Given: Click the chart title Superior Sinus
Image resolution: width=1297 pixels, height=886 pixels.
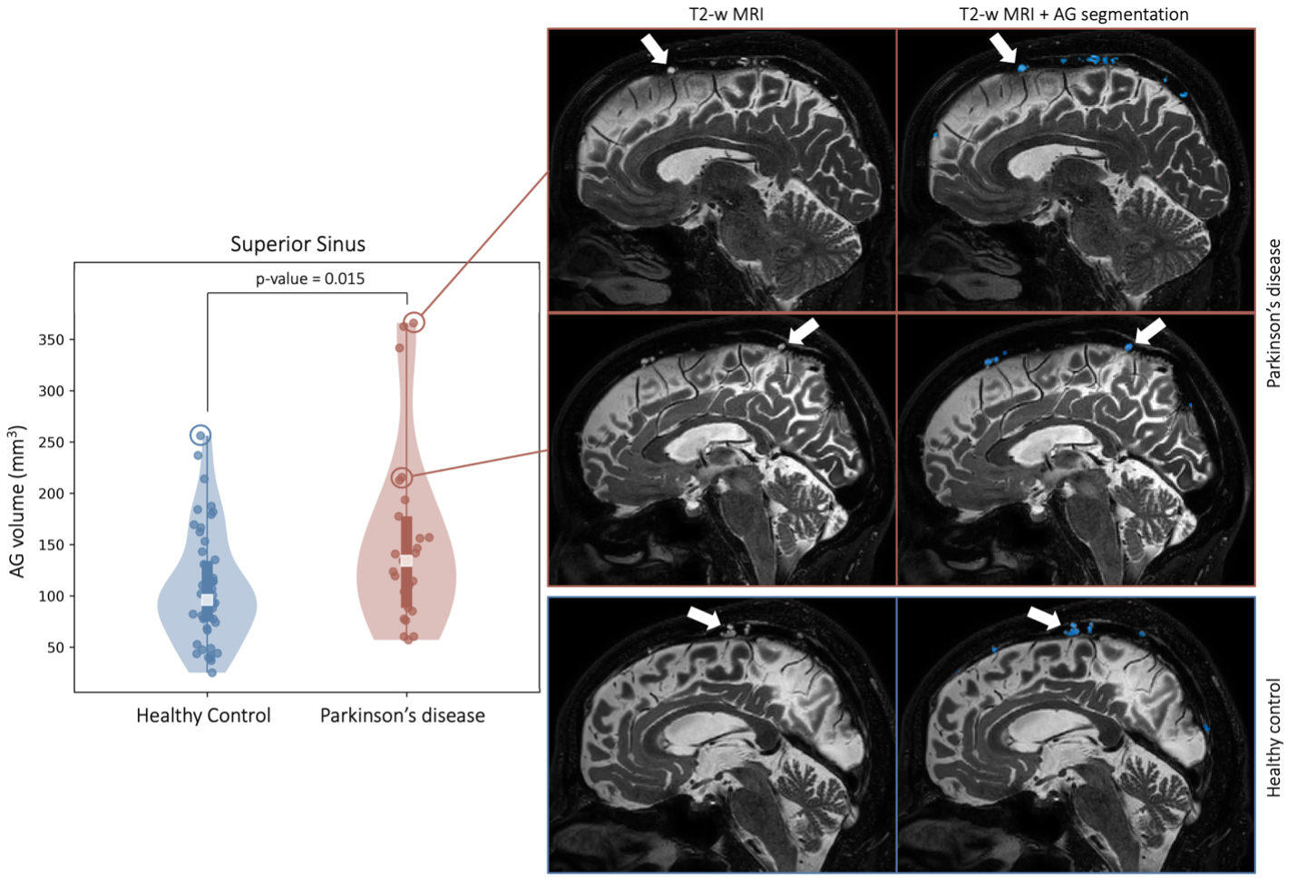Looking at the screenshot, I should (297, 244).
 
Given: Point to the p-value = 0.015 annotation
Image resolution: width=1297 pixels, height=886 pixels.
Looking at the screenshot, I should (310, 278).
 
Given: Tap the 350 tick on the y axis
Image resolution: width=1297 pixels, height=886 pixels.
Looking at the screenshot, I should (51, 340).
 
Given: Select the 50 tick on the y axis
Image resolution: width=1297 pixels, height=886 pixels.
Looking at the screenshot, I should (55, 647).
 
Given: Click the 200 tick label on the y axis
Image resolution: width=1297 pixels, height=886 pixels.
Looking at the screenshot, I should (51, 493).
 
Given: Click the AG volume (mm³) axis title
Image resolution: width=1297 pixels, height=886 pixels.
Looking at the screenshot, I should (18, 501).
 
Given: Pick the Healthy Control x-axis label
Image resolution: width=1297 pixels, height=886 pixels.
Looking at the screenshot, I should (203, 716).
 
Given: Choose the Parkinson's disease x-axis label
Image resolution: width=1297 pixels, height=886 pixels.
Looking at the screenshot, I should (402, 716).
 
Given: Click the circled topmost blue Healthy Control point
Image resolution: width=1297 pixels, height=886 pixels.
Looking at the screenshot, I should (200, 435).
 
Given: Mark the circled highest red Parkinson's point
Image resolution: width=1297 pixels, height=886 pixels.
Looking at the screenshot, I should (414, 322).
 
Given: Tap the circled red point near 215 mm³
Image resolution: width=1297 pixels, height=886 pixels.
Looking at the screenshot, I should (402, 477).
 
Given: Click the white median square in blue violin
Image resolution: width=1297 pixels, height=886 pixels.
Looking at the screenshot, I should (207, 599).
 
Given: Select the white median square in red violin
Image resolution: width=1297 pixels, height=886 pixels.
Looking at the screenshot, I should (406, 560).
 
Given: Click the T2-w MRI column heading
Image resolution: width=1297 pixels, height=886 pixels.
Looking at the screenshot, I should (726, 15).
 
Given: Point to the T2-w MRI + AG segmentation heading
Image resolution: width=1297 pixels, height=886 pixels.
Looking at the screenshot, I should (1074, 15).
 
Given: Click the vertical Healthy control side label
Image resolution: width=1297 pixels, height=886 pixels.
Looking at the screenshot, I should (1274, 737).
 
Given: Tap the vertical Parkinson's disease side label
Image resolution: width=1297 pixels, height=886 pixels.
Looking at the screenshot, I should (1274, 314).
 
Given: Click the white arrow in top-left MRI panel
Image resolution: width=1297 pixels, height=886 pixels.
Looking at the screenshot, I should (655, 49).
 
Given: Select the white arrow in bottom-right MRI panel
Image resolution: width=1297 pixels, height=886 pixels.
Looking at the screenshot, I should (1044, 618).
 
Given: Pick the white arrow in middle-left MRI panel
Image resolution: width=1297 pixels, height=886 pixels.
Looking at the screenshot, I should (803, 331).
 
